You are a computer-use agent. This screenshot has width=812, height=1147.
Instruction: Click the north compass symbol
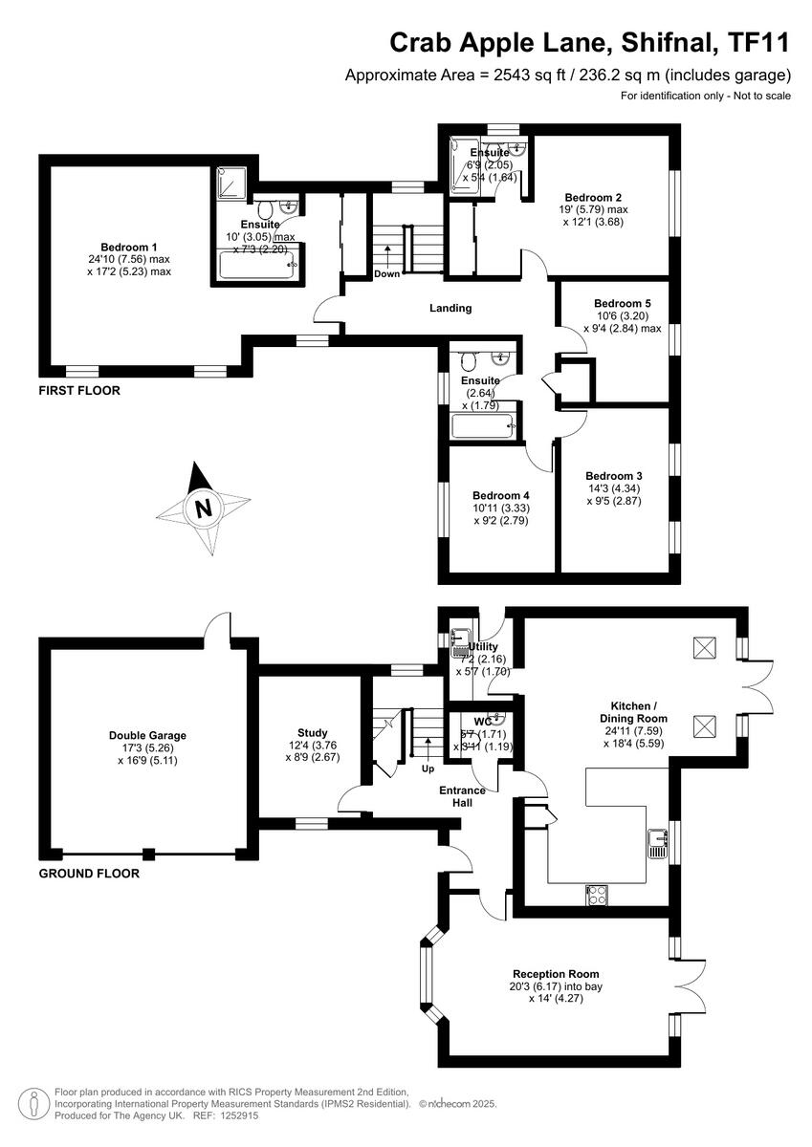coord(203,508)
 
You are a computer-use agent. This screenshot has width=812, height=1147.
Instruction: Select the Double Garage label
coord(147,735)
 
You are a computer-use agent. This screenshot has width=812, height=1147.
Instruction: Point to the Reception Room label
coord(555,972)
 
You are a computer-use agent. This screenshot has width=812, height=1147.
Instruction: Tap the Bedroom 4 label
coord(500,495)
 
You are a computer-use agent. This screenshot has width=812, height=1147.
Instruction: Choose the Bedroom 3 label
coord(613,475)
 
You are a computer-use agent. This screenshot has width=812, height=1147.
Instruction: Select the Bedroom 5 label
coord(622,303)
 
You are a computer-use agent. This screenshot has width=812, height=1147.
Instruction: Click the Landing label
coord(450,308)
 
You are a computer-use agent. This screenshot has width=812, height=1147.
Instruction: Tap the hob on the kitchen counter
coord(596,895)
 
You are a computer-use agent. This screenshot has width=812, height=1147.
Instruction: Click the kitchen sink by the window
coord(657,842)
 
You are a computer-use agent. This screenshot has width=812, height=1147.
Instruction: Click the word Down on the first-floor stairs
coord(387,274)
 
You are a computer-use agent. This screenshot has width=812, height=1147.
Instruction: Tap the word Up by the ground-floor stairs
coord(427,768)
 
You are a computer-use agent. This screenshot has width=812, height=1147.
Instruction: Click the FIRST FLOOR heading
coord(79,391)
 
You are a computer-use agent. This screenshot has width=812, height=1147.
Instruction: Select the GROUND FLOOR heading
coord(89,873)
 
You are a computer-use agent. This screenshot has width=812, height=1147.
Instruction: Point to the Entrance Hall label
coord(462,796)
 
